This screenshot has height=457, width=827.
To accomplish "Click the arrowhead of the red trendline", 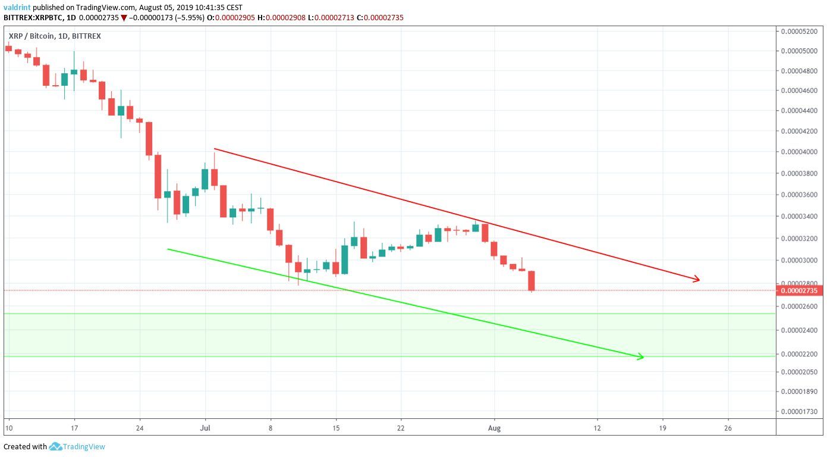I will pyautogui.click(x=697, y=279).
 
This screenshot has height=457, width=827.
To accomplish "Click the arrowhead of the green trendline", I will pyautogui.click(x=641, y=357).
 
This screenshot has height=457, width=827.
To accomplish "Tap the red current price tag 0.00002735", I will pyautogui.click(x=799, y=290).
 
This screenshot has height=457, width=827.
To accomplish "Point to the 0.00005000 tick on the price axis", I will pyautogui.click(x=799, y=51).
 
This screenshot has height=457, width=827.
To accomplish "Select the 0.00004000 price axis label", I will pyautogui.click(x=799, y=152).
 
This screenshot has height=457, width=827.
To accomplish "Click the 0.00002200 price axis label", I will pyautogui.click(x=799, y=354).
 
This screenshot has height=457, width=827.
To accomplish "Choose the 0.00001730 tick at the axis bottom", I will pyautogui.click(x=799, y=412).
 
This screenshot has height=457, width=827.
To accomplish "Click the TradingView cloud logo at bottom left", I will pyautogui.click(x=56, y=446).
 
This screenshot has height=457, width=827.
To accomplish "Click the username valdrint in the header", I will pyautogui.click(x=17, y=7).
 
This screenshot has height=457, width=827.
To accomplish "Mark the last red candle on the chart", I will pyautogui.click(x=531, y=281).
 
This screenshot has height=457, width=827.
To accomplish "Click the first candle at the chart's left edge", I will pyautogui.click(x=8, y=48).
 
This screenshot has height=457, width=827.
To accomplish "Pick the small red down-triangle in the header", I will pyautogui.click(x=123, y=18).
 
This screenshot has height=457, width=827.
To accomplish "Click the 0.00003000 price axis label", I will pyautogui.click(x=799, y=260).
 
